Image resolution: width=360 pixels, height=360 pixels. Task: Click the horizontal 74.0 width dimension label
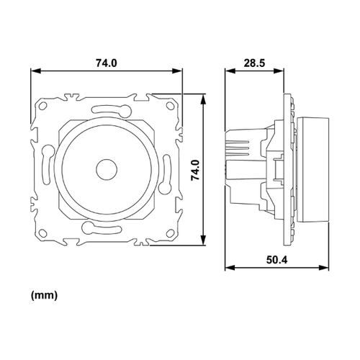pyautogui.click(x=106, y=63)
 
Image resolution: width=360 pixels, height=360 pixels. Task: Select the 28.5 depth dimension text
pyautogui.click(x=253, y=63)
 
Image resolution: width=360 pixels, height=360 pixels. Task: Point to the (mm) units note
pyautogui.click(x=45, y=295)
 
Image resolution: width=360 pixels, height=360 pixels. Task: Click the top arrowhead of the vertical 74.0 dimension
pyautogui.click(x=207, y=97)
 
